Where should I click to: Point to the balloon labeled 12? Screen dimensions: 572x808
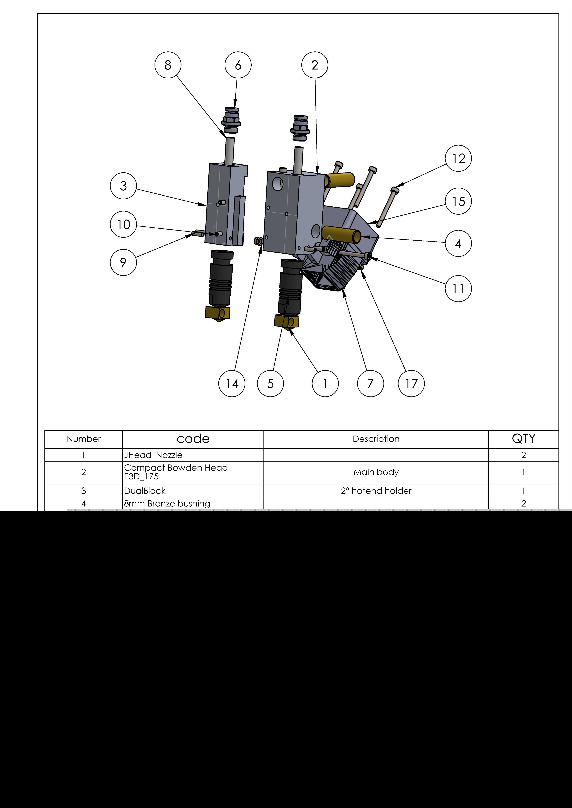coord(458,158)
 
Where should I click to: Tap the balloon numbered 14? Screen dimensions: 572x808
coord(232,384)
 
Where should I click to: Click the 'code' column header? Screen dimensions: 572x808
coord(193,439)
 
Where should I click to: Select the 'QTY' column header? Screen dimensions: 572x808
coord(523,439)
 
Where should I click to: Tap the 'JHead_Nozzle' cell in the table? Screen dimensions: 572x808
coord(153,455)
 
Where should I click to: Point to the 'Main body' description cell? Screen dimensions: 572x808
coord(376,472)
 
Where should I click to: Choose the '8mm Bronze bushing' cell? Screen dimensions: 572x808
coord(167,504)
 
